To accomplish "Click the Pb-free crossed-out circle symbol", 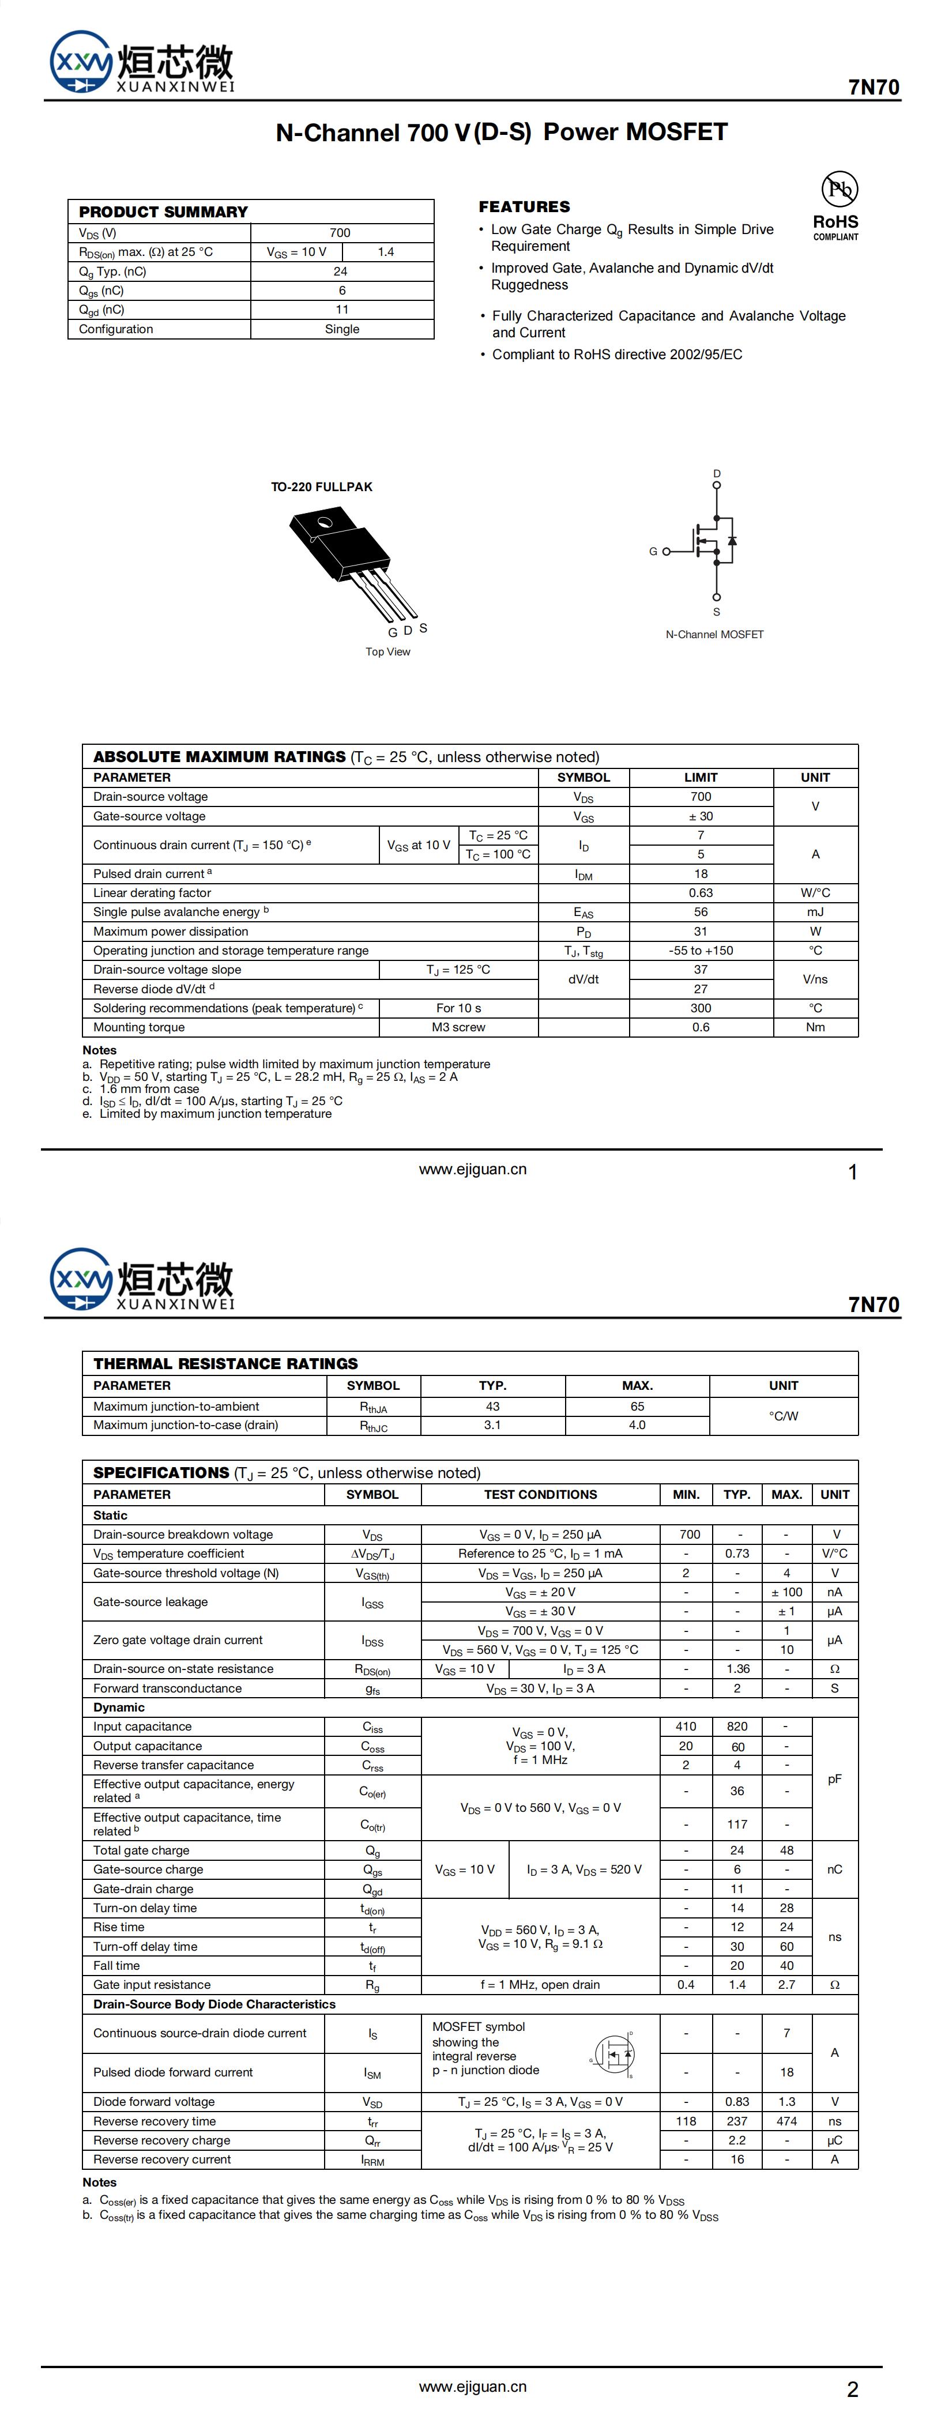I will pos(839,189).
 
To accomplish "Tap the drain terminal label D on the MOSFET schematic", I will pos(717,474).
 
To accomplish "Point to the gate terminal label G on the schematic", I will pos(653,551).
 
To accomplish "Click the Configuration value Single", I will pos(341,329).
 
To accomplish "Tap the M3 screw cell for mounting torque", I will pos(458,1027).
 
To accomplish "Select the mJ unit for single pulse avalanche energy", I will pos(815,912).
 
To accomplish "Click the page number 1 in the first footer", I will pos(853,1173).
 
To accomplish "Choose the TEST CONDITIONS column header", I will pos(540,1494).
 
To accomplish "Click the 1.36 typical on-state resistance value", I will pos(737,1669).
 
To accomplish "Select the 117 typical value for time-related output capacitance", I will pos(737,1825).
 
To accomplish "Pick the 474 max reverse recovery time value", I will pos(786,2121).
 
